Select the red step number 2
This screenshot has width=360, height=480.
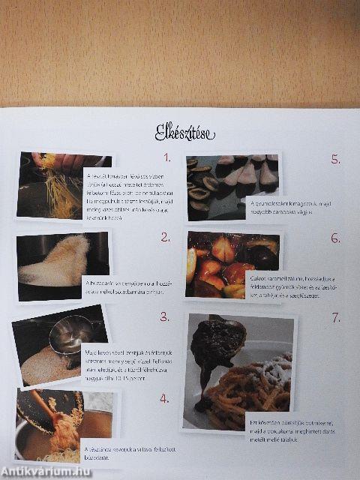[165, 238]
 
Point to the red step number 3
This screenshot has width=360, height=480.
[163, 316]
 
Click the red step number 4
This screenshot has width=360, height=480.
[164, 397]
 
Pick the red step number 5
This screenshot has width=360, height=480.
[336, 159]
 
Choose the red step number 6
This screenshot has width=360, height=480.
[335, 238]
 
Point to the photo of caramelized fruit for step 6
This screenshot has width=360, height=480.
[225, 262]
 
